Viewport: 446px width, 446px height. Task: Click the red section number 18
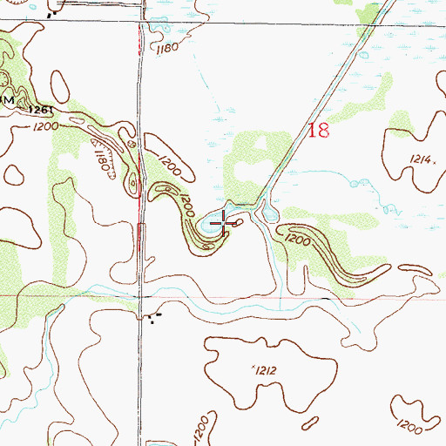[319, 132]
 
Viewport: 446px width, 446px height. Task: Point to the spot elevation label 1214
[420, 160]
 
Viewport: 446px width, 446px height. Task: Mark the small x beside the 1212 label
[252, 367]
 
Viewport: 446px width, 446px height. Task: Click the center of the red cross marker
[225, 225]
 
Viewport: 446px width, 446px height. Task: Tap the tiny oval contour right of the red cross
[240, 222]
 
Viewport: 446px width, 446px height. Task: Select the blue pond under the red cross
[214, 227]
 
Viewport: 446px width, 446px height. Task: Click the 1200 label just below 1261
[47, 126]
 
